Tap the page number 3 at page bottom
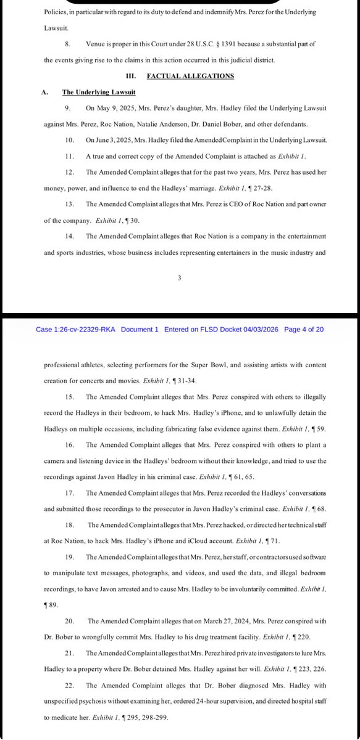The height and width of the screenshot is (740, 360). click(179, 278)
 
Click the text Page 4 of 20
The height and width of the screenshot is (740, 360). click(304, 330)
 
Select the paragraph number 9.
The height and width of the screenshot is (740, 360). click(67, 108)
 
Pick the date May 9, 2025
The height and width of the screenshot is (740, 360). click(108, 108)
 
